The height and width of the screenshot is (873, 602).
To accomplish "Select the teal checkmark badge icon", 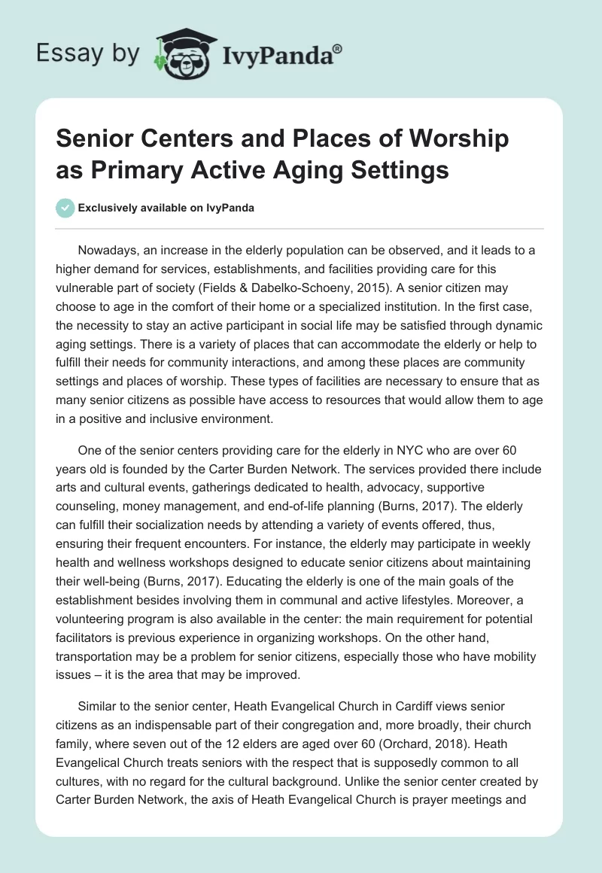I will [x=65, y=208].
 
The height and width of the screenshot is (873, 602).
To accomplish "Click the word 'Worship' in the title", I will [x=445, y=139].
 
